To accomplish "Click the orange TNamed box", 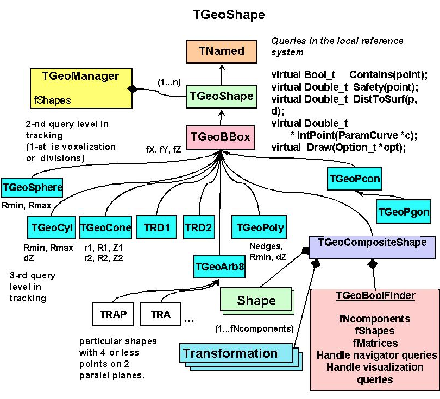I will (x=222, y=52).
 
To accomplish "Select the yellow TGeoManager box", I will (x=80, y=86).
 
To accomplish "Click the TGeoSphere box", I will (x=33, y=188).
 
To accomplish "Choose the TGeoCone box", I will (x=105, y=227).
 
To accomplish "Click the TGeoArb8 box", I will (x=219, y=267).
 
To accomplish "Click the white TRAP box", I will (x=113, y=314).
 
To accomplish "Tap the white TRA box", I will (x=161, y=314).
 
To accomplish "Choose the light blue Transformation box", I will (x=230, y=353).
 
